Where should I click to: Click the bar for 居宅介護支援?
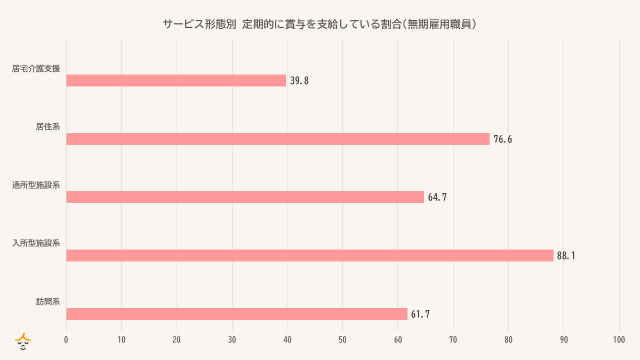pos(176,81)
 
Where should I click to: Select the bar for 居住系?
pos(277,139)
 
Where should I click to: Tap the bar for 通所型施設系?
pos(245,197)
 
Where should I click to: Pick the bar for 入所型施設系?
pos(309,255)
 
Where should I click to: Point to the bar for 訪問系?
pos(236,314)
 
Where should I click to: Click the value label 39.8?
pos(300,81)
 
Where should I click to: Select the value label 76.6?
pos(502,140)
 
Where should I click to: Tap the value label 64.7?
pos(437,198)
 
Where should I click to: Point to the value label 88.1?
pos(566,256)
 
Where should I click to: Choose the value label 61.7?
pos(420,315)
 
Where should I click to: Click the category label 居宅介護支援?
pos(36,69)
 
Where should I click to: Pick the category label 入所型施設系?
pos(36,244)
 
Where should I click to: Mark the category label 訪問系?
pos(47,302)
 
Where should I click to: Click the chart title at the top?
pos(320,25)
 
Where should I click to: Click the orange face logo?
pos(23,342)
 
